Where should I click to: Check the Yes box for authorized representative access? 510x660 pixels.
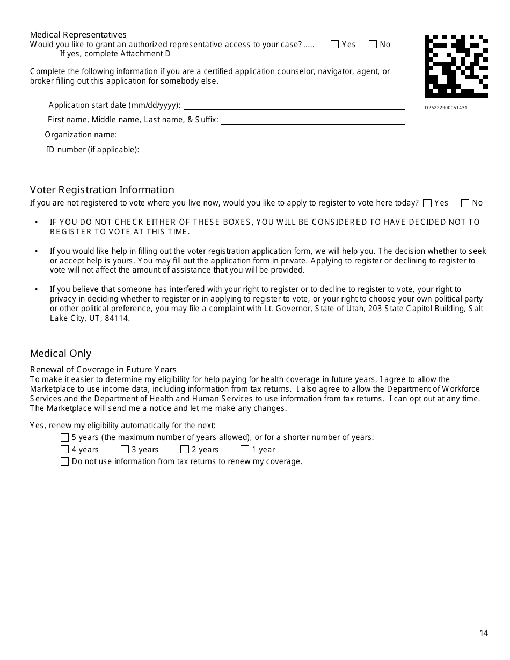click(x=335, y=45)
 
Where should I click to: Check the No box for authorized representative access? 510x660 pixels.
click(x=373, y=45)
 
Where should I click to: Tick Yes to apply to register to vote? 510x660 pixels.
click(x=427, y=203)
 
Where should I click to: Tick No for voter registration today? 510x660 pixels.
click(x=465, y=203)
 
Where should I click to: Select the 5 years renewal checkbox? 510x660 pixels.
click(x=65, y=437)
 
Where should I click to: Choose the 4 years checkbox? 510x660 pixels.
click(x=65, y=450)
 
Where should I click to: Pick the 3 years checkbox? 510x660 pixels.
click(x=125, y=450)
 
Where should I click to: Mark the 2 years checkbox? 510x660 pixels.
click(x=185, y=450)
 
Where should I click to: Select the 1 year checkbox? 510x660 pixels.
click(x=245, y=450)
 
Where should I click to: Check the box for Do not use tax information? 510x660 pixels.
click(x=65, y=461)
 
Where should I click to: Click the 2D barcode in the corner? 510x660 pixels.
click(x=456, y=67)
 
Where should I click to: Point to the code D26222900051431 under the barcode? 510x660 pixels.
click(x=446, y=108)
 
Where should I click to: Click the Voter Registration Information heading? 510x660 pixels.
click(x=102, y=190)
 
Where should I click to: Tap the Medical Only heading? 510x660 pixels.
click(x=61, y=354)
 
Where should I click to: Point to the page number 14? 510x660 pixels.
click(x=484, y=633)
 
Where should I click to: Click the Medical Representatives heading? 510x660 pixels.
click(x=78, y=35)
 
